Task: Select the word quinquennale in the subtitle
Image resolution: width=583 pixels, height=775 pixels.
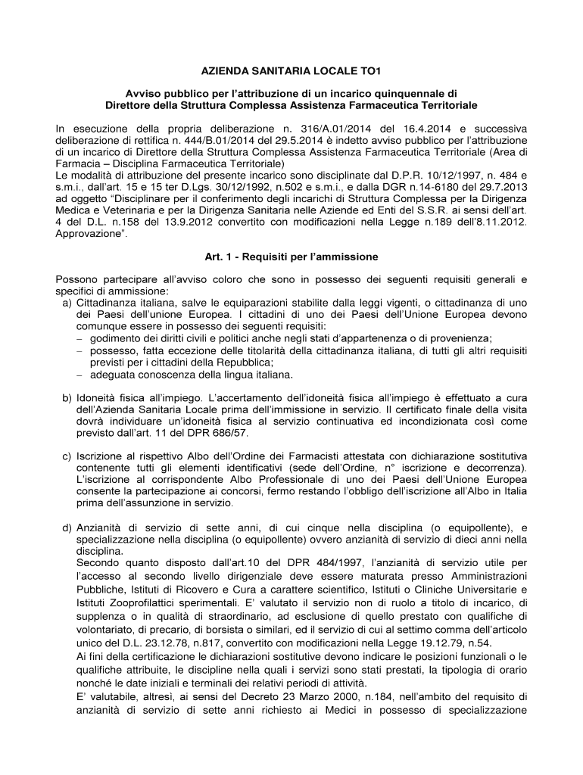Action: tap(402, 92)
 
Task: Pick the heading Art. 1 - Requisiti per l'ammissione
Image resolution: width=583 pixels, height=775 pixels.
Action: tap(291, 256)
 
